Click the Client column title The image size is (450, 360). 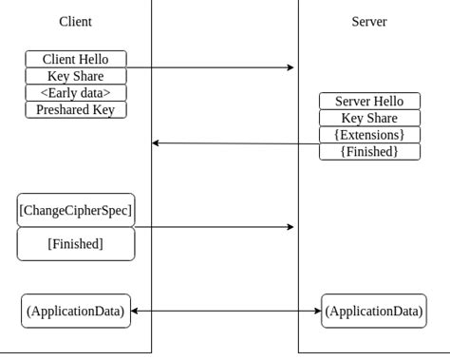point(75,22)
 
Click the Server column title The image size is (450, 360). point(369,22)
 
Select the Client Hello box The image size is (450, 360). point(75,59)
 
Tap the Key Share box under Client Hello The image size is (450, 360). point(75,76)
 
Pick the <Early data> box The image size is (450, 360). point(75,93)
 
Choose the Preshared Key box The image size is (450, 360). point(75,110)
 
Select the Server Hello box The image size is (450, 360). point(369,102)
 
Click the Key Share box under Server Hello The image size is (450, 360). point(369,119)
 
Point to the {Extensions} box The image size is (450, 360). point(369,135)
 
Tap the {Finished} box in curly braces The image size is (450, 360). point(369,152)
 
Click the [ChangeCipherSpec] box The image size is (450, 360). point(76,210)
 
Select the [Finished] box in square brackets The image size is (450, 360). point(76,244)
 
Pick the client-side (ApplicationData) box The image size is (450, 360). point(76,311)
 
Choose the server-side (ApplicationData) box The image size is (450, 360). point(373,311)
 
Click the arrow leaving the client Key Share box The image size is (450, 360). point(209,67)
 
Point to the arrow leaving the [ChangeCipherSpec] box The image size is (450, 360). point(214,227)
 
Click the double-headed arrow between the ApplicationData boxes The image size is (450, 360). point(226,311)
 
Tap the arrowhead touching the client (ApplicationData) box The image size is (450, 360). point(135,311)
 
